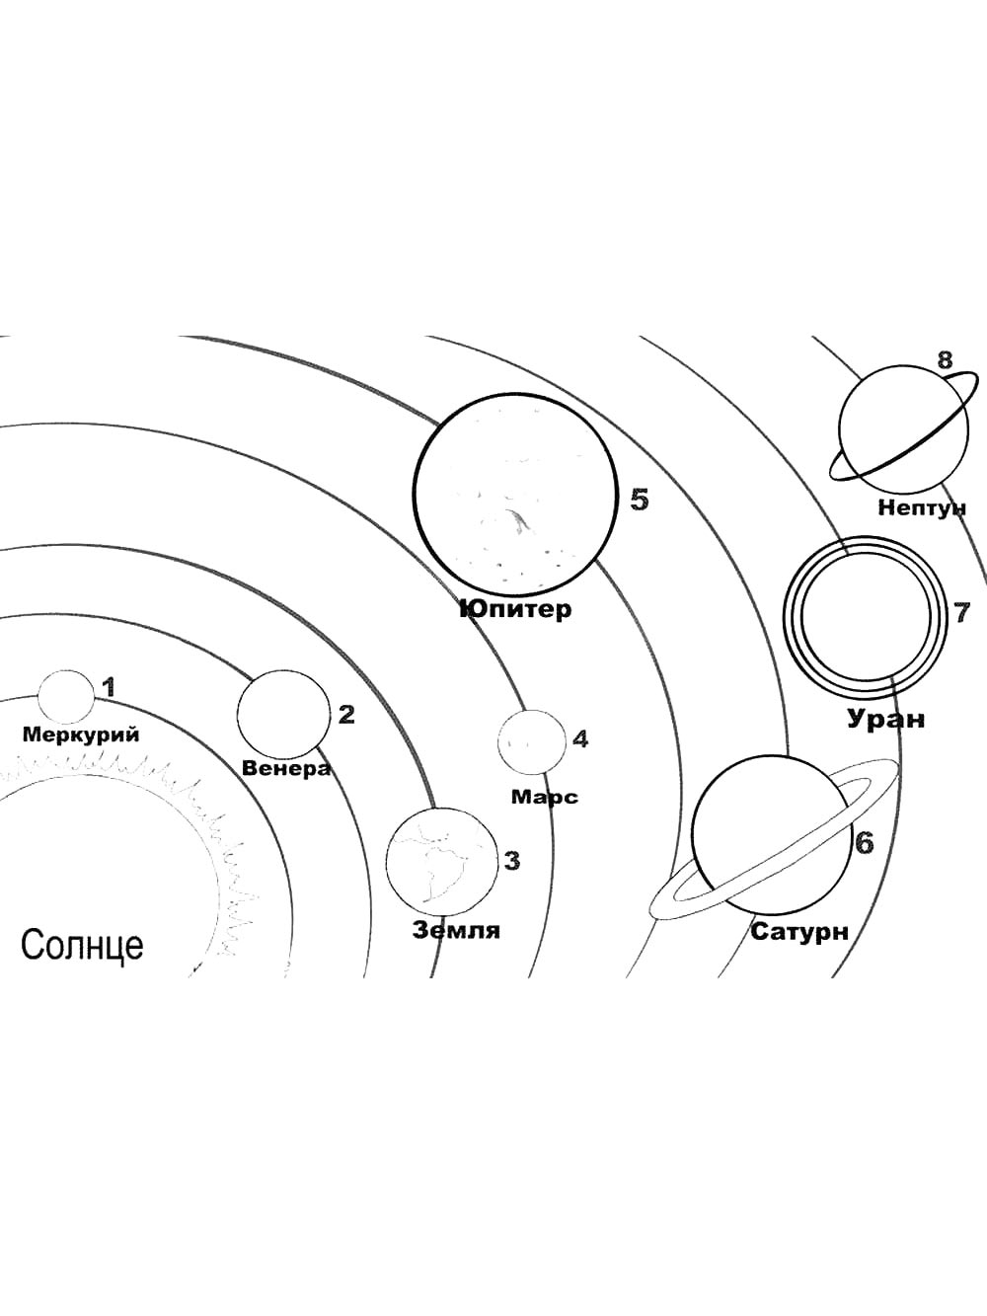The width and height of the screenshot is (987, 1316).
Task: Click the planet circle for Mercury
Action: (66, 695)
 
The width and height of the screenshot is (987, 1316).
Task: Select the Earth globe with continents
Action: (441, 862)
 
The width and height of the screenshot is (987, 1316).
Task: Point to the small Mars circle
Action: (531, 741)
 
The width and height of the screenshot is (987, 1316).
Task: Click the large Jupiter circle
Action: (515, 493)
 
